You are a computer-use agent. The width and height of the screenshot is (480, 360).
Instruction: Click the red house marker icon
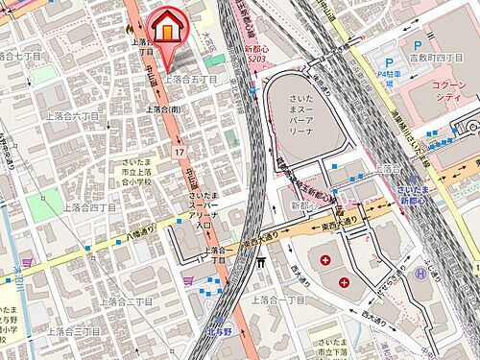point(167,27)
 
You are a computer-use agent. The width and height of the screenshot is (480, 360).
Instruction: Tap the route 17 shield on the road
point(180,153)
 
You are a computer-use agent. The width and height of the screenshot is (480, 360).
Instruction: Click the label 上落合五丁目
point(189,79)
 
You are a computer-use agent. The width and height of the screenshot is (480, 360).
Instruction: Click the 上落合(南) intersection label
point(162,108)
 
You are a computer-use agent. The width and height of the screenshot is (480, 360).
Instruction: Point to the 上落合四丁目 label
point(89,206)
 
